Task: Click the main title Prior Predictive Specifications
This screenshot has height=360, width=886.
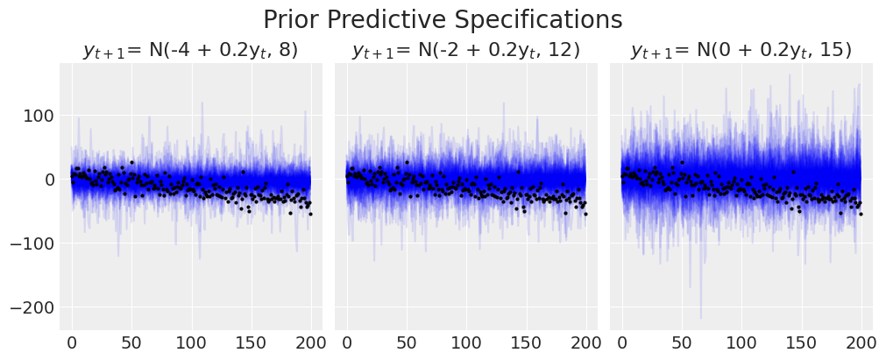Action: click(443, 19)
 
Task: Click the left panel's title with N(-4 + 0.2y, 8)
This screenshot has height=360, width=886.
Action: click(190, 51)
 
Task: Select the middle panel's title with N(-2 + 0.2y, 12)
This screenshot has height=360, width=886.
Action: click(465, 51)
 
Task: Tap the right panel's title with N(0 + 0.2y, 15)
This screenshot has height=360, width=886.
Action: click(741, 51)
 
